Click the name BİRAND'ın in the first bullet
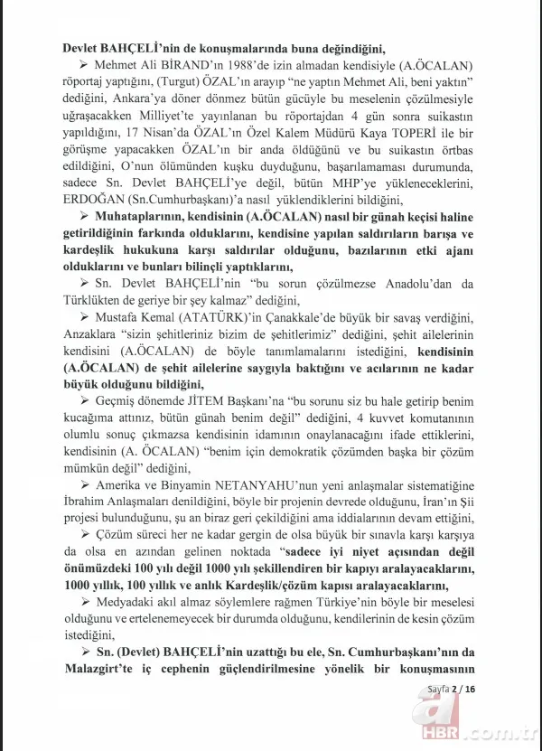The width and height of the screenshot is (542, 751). tap(192, 66)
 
